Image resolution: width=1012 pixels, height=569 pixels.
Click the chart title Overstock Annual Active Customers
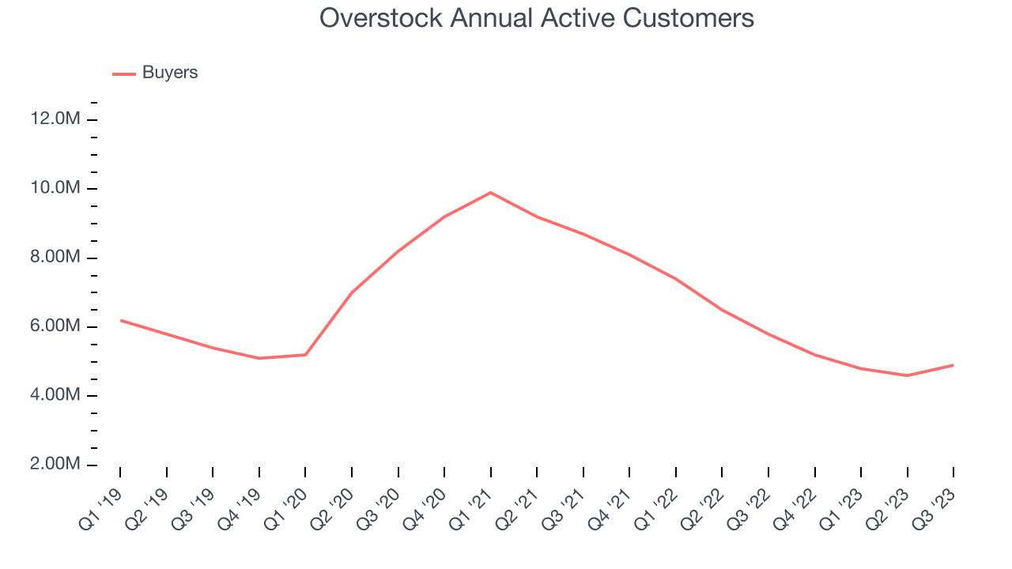537,17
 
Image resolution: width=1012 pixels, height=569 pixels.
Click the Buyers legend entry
169,73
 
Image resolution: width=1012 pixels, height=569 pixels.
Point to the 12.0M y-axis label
55,119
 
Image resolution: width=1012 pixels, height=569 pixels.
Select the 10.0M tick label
55,188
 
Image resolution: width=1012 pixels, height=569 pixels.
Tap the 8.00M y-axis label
55,258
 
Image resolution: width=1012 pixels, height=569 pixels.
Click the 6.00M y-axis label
55,326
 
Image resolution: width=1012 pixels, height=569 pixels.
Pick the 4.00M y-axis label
55,395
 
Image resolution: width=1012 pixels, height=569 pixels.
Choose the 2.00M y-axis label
55,464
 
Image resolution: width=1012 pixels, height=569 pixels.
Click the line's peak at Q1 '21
491,192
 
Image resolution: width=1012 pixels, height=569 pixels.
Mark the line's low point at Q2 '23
907,375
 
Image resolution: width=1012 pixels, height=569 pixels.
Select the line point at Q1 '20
305,355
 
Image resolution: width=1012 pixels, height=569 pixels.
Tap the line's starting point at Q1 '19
120,320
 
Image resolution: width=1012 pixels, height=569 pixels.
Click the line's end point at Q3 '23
953,365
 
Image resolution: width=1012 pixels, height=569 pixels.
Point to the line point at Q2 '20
352,292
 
